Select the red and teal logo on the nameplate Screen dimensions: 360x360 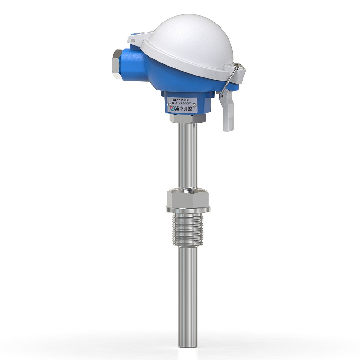click(172, 108)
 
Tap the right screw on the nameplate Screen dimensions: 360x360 click(195, 105)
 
